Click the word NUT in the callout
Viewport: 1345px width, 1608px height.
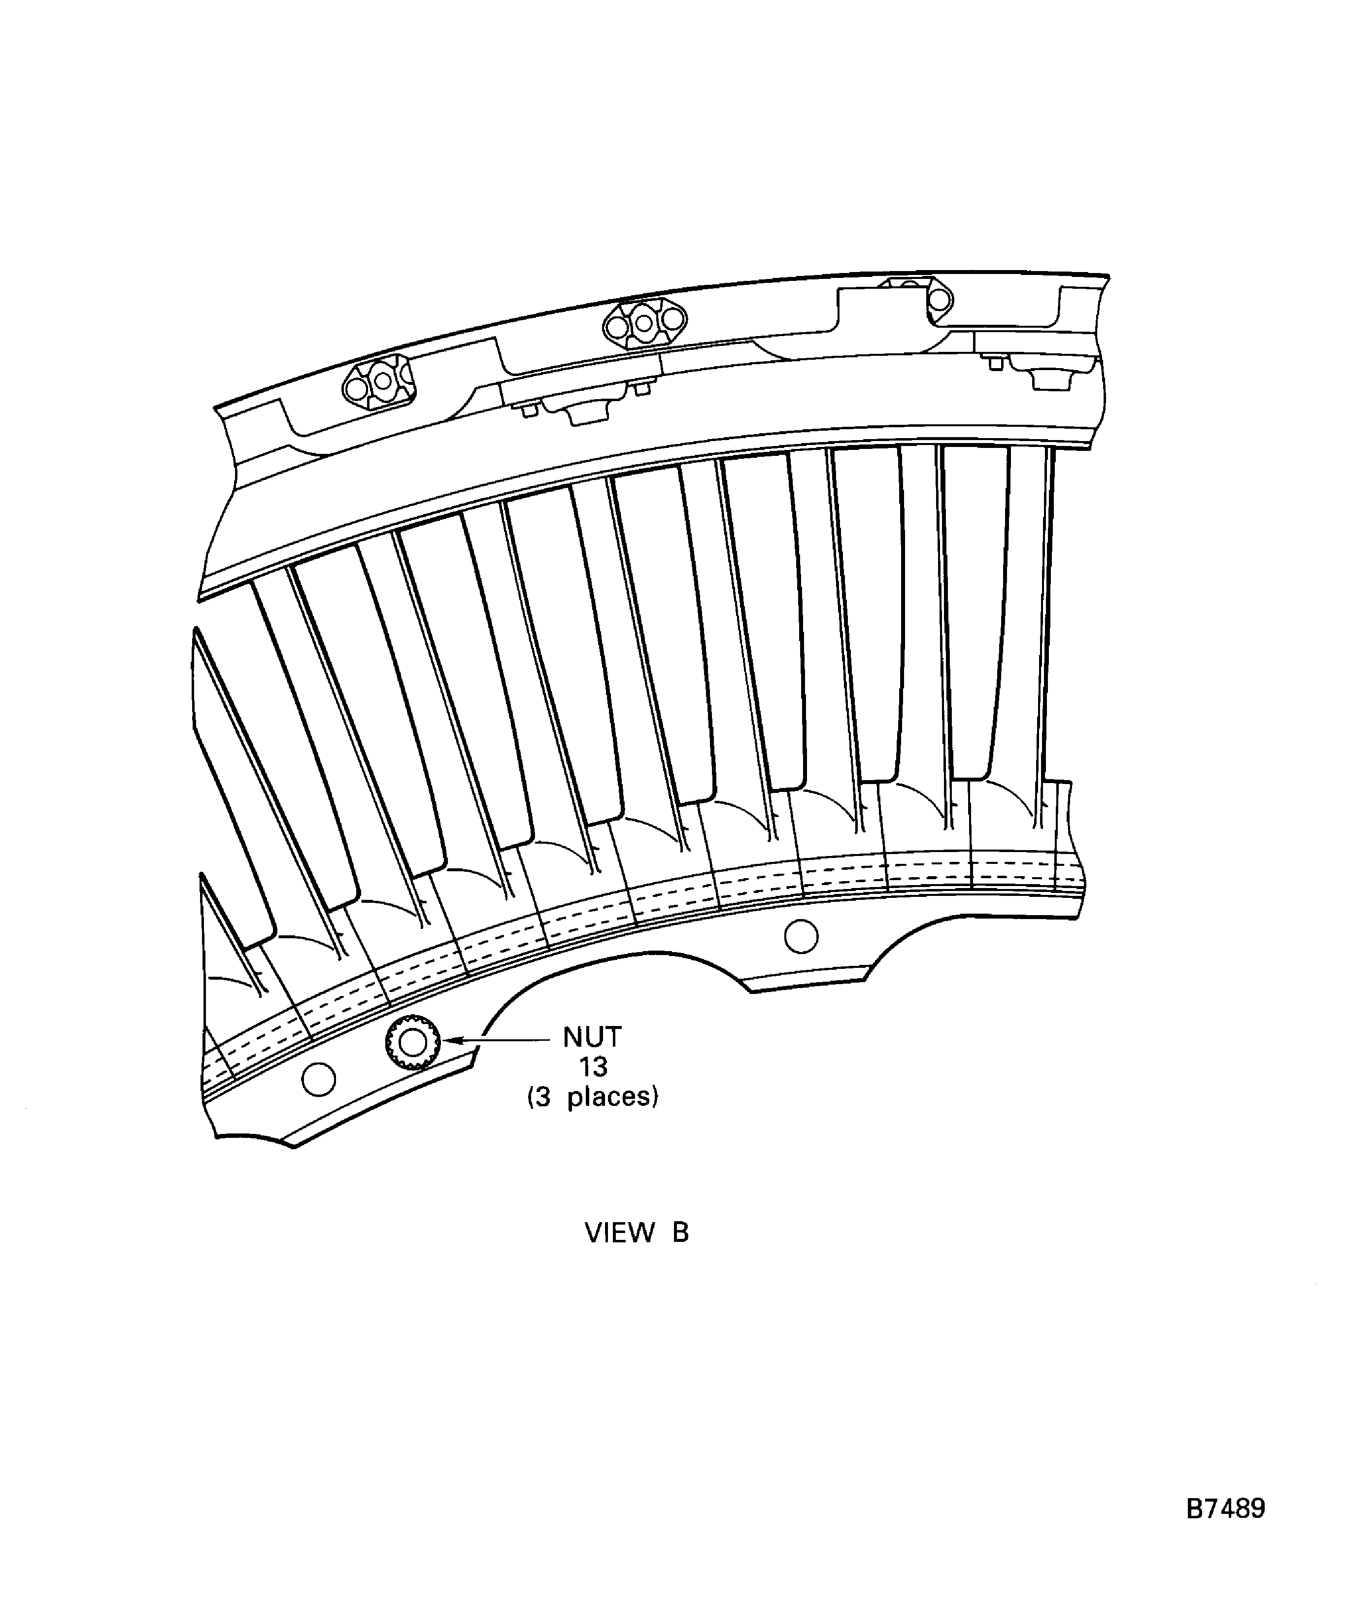[592, 1037]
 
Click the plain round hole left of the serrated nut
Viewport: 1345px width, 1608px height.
[319, 1080]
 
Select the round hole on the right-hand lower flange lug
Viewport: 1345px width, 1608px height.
[802, 936]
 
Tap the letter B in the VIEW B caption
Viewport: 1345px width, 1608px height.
[680, 1233]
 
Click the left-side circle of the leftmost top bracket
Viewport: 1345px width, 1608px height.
[355, 389]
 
